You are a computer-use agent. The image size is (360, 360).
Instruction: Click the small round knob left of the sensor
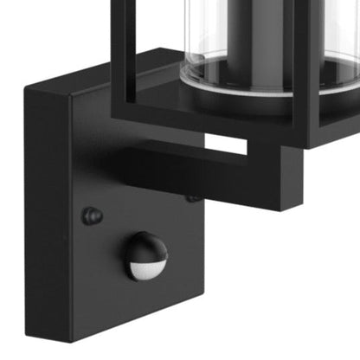tap(92, 215)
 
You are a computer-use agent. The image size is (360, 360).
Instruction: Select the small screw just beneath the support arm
tap(192, 198)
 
